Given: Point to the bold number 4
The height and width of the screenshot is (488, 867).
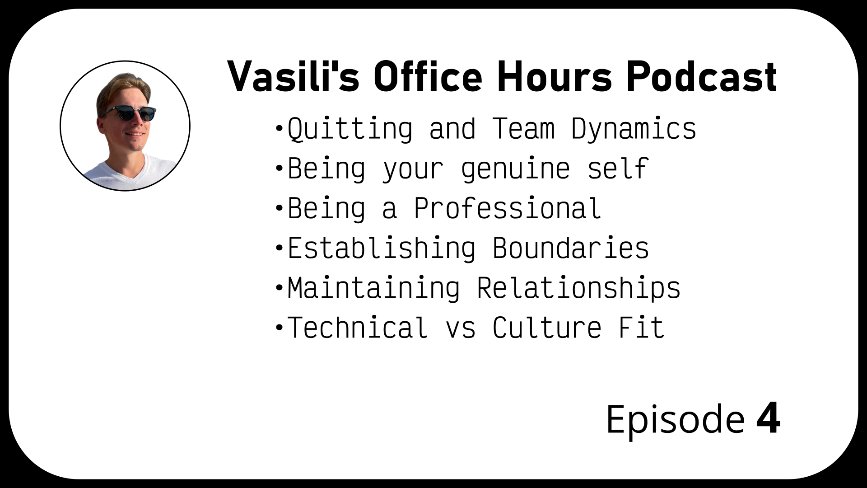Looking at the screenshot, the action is (768, 419).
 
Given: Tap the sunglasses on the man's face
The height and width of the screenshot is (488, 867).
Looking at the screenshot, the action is (128, 112).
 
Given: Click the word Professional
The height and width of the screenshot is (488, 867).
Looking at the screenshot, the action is (508, 208).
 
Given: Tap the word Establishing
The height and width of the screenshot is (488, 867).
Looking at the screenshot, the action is (382, 248).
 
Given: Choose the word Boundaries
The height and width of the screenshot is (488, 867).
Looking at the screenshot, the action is (571, 248).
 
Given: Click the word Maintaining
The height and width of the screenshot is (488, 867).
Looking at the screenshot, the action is (374, 288).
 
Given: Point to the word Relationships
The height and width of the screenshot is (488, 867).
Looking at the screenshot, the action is (578, 288).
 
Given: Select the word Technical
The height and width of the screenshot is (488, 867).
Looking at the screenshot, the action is (358, 328).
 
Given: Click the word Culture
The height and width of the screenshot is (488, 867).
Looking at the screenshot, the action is (547, 328).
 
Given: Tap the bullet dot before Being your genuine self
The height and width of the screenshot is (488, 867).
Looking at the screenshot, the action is (279, 169).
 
